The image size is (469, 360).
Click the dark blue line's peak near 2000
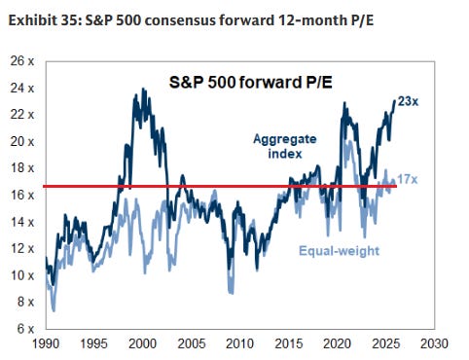[144, 90]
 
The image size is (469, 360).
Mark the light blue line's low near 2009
[230, 292]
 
